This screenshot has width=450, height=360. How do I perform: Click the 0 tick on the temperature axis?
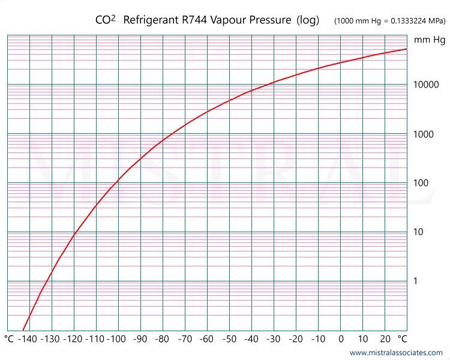[x=341, y=340]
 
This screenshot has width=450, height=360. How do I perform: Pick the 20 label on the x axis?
[x=385, y=340]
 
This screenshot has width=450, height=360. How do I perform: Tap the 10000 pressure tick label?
[x=427, y=85]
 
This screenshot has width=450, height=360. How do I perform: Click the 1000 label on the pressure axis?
[x=424, y=134]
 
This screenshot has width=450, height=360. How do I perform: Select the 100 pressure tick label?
[x=422, y=183]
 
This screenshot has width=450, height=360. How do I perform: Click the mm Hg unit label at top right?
[x=430, y=40]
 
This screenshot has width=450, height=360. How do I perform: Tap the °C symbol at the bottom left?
[x=9, y=340]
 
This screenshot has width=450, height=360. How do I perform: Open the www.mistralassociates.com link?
[x=396, y=353]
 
